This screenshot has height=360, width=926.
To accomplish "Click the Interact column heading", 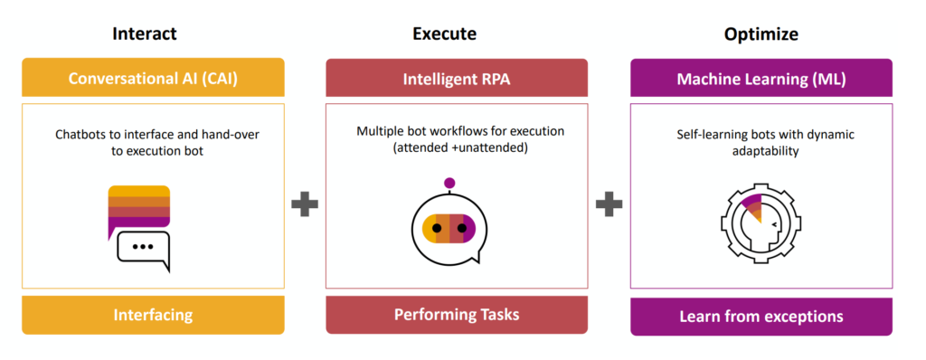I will tap(145, 34).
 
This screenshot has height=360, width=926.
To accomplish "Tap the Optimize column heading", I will tap(761, 34).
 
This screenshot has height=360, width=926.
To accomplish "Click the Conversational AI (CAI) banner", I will tap(153, 79).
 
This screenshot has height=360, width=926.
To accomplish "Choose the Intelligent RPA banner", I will tap(456, 79).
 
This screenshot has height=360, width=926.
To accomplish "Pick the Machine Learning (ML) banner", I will tap(761, 79).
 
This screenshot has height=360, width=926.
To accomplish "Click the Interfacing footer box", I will tap(153, 315).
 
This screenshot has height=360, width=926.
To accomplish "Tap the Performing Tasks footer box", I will tap(456, 315).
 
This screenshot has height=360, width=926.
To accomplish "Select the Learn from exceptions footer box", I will tap(761, 316).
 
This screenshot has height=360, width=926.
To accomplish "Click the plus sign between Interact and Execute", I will tap(305, 204).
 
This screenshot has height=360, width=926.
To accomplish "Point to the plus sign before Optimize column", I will tap(609, 204).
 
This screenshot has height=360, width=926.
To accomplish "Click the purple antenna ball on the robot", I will tap(449, 184).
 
